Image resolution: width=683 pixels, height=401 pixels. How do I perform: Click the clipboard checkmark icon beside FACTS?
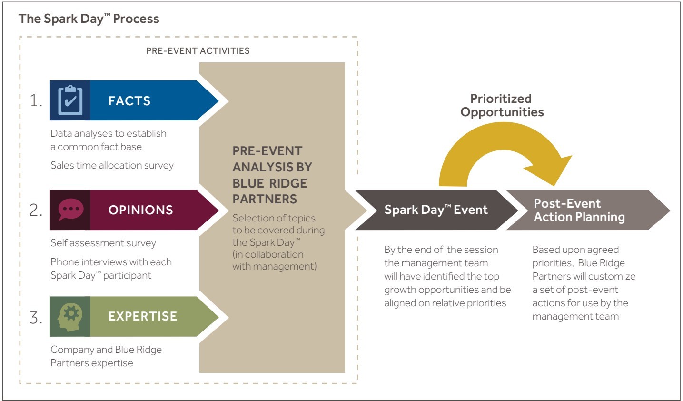click(70, 100)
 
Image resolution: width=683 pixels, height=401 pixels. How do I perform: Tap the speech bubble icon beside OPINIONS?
click(70, 210)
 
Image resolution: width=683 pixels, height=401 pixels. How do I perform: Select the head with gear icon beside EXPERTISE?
click(70, 317)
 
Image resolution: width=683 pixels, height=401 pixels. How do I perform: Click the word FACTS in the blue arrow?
click(129, 101)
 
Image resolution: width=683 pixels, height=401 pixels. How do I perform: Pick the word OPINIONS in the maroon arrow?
click(140, 210)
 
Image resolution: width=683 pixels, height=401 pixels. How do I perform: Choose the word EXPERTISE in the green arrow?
click(142, 316)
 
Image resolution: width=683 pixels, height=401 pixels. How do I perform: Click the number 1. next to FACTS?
click(36, 100)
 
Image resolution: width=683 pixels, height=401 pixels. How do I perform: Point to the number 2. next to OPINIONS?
click(36, 210)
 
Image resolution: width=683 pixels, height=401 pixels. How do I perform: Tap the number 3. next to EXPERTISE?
click(36, 317)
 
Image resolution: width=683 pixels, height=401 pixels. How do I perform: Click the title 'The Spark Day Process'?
click(89, 19)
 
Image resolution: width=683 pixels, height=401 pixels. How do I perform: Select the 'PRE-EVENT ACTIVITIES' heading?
click(198, 50)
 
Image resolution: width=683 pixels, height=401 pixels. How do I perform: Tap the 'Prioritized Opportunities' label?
click(502, 105)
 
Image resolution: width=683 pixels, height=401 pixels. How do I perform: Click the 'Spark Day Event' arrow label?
click(436, 210)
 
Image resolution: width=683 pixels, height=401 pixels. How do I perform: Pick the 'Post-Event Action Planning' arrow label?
click(579, 210)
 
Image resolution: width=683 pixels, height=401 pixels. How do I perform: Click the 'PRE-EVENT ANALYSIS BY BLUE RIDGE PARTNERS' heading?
click(272, 175)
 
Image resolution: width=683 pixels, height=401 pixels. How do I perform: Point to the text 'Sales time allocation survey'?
click(112, 165)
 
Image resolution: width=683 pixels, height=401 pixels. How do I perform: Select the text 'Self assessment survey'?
click(103, 243)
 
